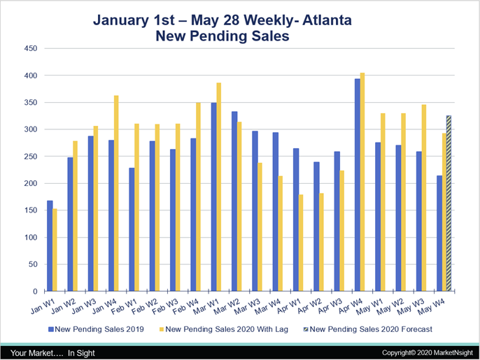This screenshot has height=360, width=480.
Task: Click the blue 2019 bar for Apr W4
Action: [357, 185]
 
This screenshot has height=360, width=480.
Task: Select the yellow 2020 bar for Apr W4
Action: [362, 182]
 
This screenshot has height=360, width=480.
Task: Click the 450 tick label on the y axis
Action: [30, 48]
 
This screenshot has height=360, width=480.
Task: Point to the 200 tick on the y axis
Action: [30, 183]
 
